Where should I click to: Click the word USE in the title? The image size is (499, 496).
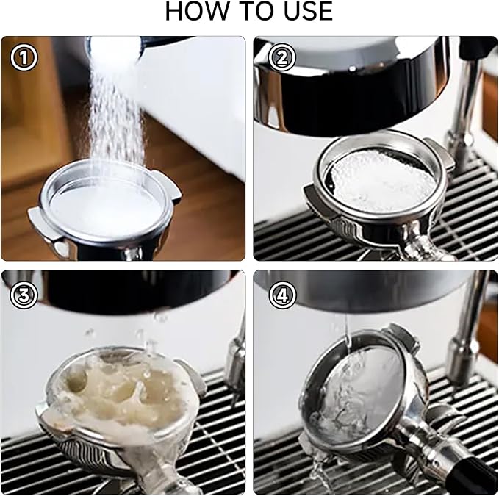[308, 12]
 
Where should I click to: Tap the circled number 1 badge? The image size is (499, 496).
[24, 57]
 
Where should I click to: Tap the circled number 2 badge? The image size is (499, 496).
[282, 57]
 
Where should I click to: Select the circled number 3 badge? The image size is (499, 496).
[24, 295]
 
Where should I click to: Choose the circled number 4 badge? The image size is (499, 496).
[282, 295]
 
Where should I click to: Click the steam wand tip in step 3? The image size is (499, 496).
[236, 359]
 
